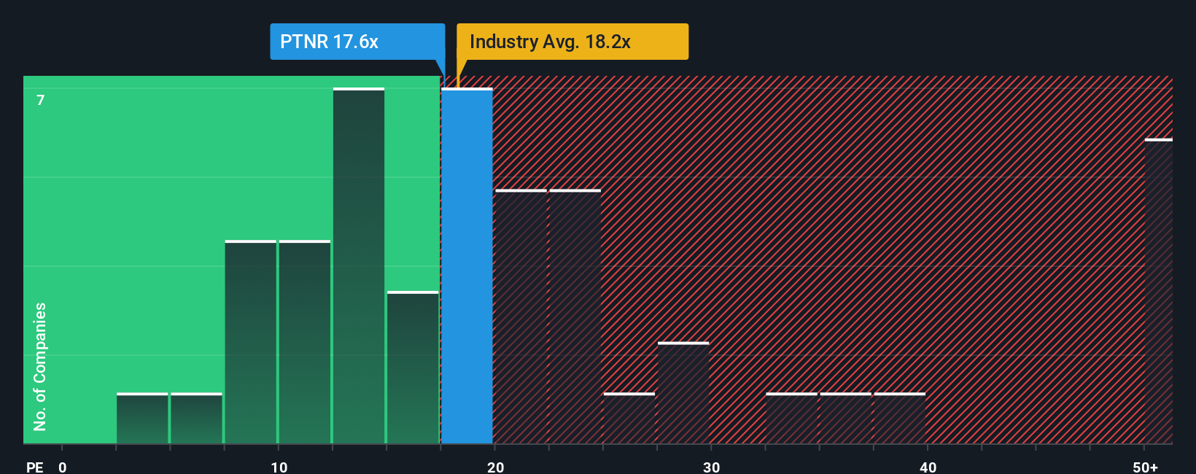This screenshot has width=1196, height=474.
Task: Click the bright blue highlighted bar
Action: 467,266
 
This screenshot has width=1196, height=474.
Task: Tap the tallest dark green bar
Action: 359,266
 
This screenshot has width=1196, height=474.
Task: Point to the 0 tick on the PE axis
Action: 63,467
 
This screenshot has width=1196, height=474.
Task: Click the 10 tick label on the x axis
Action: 279,467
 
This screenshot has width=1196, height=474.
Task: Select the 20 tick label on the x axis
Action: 495,467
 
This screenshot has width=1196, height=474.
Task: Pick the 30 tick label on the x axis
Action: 711,467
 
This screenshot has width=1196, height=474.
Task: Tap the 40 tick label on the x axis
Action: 928,467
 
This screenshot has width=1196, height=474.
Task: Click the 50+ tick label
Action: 1145,467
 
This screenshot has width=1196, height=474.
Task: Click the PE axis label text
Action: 34,467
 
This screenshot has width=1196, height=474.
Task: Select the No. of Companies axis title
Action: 40,366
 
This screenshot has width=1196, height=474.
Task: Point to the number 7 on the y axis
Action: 41,100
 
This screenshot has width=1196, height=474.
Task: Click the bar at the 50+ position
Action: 1158,292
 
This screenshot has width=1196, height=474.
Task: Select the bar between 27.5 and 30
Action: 683,394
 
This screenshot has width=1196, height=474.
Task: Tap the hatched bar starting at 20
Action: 521,317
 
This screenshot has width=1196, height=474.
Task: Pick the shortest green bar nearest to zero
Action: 142,419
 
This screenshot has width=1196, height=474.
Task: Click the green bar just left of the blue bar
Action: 413,368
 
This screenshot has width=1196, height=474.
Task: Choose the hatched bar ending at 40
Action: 900,419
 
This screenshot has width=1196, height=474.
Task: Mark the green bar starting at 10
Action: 305,343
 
